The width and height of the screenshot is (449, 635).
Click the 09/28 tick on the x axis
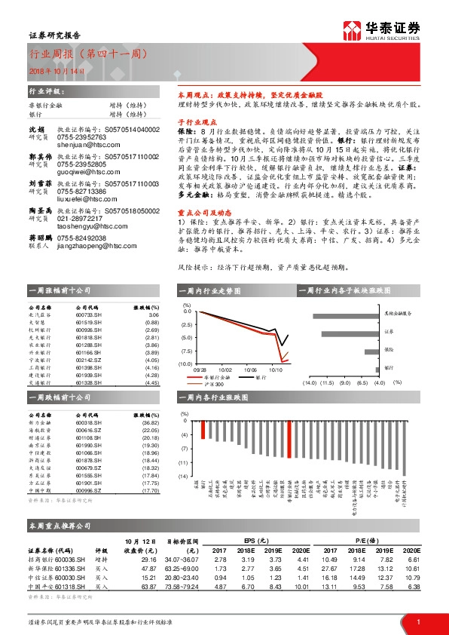coord(200,370)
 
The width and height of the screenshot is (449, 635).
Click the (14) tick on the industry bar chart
coord(182,476)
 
